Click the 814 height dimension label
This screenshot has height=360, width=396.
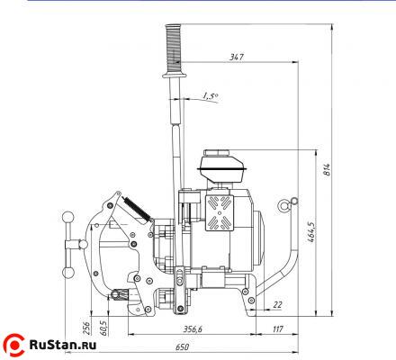click(327, 170)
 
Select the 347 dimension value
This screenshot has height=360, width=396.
click(237, 57)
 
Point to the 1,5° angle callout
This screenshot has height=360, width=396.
click(211, 96)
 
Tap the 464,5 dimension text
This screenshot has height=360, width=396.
click(310, 231)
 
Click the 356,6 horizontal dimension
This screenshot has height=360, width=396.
click(193, 329)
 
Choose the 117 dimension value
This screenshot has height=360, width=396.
click(277, 329)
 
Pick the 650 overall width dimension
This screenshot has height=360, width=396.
click(182, 347)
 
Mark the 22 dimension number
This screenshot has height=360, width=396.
click(278, 304)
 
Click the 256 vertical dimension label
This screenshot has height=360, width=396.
click(86, 328)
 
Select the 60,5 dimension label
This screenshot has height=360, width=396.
click(103, 328)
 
